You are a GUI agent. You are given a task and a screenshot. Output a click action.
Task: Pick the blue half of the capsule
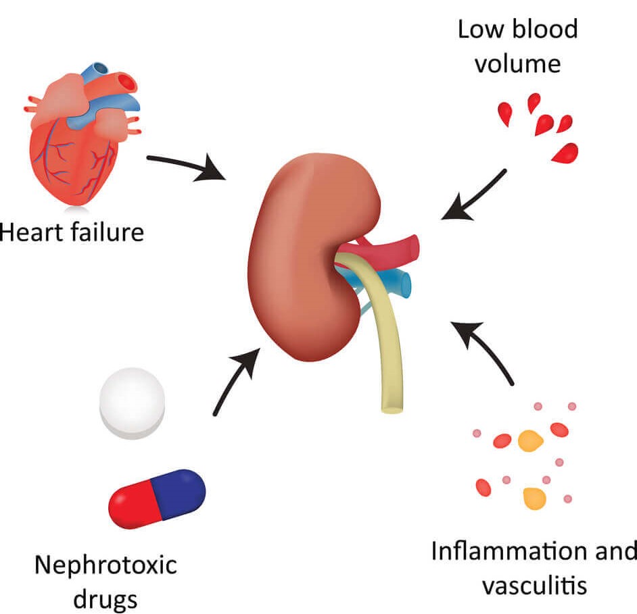179,488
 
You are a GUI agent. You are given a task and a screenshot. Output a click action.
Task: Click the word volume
518,65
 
